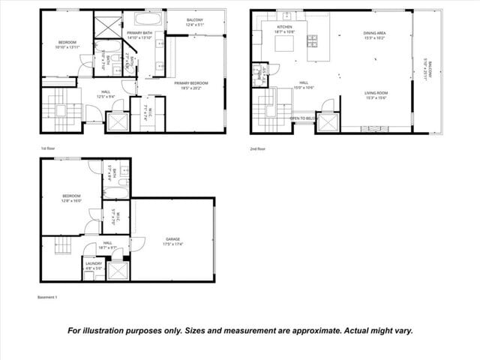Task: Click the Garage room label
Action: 172,239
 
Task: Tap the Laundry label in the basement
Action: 94,263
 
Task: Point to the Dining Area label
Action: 374,33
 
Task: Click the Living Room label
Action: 375,93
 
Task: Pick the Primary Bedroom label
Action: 191,82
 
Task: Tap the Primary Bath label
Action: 139,34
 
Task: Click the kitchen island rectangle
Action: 284,46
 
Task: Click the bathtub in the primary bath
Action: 143,18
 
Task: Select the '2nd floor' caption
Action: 258,148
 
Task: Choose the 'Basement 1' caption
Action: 47,297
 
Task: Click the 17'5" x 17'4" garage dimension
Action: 172,244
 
